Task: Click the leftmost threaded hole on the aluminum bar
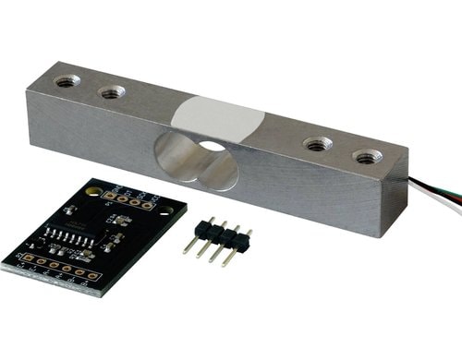pos(67,80)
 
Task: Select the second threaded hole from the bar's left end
pos(112,91)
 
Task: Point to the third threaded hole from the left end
pos(319,144)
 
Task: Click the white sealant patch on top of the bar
pos(218,118)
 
